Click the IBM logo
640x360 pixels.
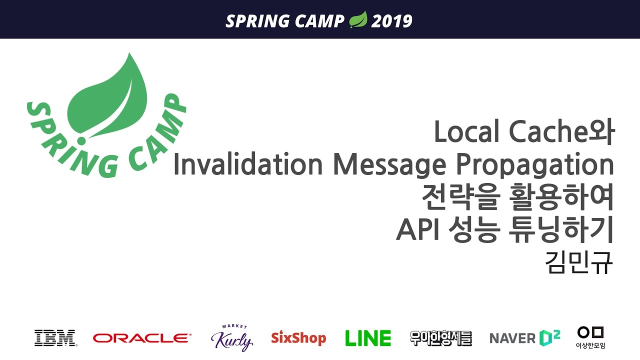click(55, 338)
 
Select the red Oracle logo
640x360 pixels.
click(142, 338)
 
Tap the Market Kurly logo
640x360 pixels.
click(232, 338)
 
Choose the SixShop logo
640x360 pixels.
click(298, 338)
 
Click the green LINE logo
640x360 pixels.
click(368, 338)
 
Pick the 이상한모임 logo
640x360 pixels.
click(590, 337)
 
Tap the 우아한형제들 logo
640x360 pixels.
click(440, 338)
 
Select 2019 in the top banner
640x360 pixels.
click(391, 21)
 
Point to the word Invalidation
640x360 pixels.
click(248, 165)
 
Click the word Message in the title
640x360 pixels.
click(389, 165)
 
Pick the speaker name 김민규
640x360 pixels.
click(580, 262)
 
